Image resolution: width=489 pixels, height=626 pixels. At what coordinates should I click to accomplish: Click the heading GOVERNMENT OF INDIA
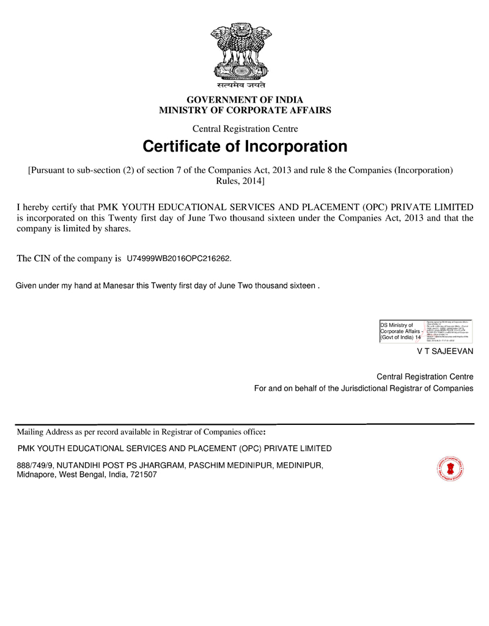(x=244, y=100)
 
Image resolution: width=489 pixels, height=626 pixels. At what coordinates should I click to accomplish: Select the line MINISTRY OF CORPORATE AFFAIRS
(x=244, y=111)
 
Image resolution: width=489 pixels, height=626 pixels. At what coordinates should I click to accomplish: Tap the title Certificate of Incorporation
(x=244, y=147)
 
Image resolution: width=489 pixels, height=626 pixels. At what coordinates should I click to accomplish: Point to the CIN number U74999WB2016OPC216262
(x=178, y=259)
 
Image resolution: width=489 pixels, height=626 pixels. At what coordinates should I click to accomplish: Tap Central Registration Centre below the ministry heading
(x=244, y=128)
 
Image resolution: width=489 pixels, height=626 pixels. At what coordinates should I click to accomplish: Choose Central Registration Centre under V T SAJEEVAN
(x=424, y=376)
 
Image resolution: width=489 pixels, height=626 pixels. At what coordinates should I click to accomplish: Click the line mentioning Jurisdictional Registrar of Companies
(x=363, y=388)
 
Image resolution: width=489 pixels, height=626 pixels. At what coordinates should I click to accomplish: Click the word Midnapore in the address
(x=36, y=474)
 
